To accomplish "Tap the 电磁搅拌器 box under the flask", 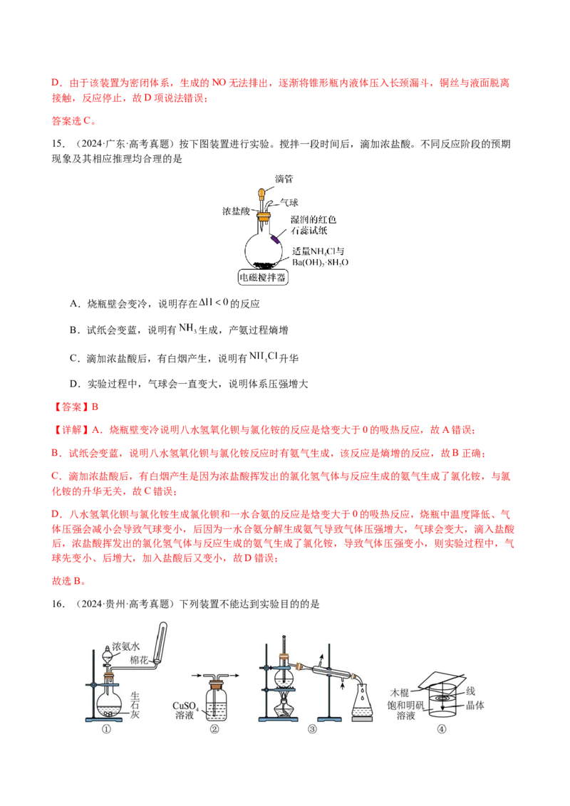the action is (262, 278).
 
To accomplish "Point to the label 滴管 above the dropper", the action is (284, 179).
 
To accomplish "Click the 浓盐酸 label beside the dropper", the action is (236, 211).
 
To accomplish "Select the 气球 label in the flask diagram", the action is (289, 202).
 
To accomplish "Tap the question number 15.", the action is (58, 144).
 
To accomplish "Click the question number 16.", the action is (58, 604).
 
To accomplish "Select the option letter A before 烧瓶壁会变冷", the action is (75, 304).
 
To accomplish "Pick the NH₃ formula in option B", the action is (188, 328).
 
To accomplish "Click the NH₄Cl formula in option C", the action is (264, 356).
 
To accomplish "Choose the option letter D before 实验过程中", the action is (75, 384).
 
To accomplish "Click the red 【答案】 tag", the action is (71, 407).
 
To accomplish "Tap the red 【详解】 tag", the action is (71, 430).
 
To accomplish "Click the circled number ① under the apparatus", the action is (106, 729).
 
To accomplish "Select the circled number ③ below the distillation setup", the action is (312, 729).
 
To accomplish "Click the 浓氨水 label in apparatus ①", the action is (126, 646).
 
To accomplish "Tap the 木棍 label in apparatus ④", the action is (400, 693).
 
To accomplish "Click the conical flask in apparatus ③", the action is (363, 700).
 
